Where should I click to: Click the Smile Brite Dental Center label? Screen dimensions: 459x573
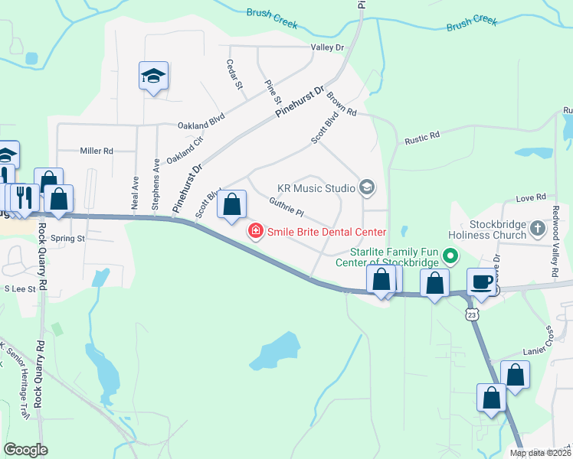pos(326,231)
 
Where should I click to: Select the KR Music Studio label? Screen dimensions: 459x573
pos(316,187)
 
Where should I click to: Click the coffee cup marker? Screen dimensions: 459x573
pos(481,282)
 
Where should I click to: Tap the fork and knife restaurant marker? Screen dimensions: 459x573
pos(25,198)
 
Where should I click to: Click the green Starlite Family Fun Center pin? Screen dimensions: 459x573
pos(450,257)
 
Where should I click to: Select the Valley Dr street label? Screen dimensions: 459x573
pos(327,47)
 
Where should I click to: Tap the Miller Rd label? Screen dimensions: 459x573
pos(97,151)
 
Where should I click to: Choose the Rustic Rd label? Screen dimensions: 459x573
pos(422,138)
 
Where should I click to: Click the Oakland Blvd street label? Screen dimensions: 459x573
pos(201,124)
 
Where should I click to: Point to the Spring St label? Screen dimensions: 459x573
pos(67,238)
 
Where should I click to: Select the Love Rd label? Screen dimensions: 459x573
pos(530,197)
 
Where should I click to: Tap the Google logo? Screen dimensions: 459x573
pos(26,450)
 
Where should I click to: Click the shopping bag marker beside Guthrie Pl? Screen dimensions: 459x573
pos(231,205)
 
